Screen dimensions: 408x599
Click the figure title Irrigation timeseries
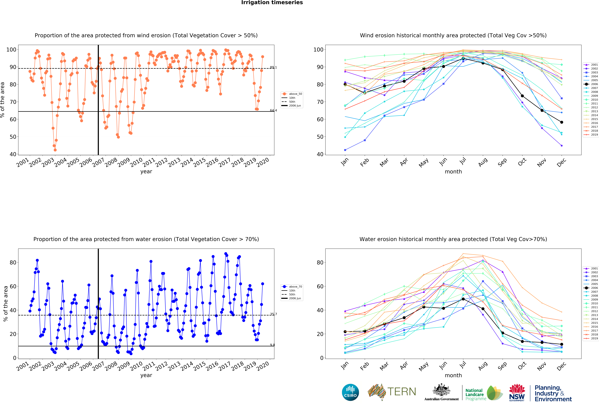pyautogui.click(x=272, y=3)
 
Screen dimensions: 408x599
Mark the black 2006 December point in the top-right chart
pyautogui.click(x=562, y=122)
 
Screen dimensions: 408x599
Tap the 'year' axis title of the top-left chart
pyautogui.click(x=146, y=172)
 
